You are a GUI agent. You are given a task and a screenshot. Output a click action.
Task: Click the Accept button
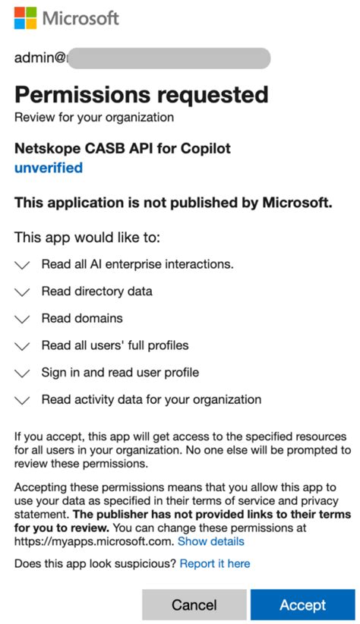[302, 604]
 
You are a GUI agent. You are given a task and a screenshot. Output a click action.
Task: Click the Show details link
[211, 541]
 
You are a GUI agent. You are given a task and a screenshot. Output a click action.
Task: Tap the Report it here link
[215, 563]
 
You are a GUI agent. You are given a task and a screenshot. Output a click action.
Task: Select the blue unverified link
[49, 168]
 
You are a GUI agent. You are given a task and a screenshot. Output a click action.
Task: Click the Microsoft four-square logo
[25, 17]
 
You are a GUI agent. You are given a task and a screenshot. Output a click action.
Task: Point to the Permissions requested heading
[141, 95]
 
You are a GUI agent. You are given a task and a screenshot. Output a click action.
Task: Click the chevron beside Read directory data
[23, 292]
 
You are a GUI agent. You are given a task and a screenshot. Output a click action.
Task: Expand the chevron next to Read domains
[23, 319]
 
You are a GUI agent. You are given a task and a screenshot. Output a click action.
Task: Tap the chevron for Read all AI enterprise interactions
[23, 265]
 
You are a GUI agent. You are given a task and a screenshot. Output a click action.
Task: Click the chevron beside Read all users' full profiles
[23, 346]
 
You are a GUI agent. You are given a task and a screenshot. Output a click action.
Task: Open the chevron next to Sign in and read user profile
[23, 373]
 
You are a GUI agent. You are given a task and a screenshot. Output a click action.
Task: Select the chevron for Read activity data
[23, 400]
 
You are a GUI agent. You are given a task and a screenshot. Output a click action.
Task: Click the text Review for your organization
[94, 117]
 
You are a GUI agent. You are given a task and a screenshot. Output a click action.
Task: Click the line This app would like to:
[87, 238]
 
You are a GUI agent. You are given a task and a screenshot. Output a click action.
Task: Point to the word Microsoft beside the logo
[81, 17]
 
